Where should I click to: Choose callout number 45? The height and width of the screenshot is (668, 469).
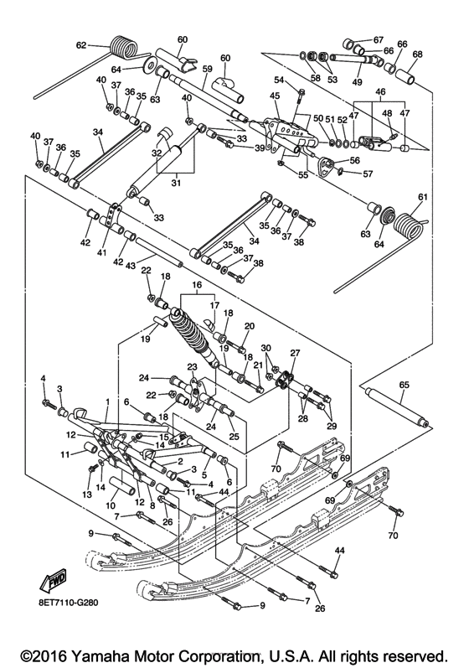point(275,96)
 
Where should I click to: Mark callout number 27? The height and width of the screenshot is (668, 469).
point(294,353)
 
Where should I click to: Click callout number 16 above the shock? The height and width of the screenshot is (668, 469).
point(197,285)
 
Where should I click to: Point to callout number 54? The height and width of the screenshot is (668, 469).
point(280,79)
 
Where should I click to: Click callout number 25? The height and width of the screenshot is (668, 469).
point(234,437)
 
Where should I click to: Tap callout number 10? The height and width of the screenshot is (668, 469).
point(111,505)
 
